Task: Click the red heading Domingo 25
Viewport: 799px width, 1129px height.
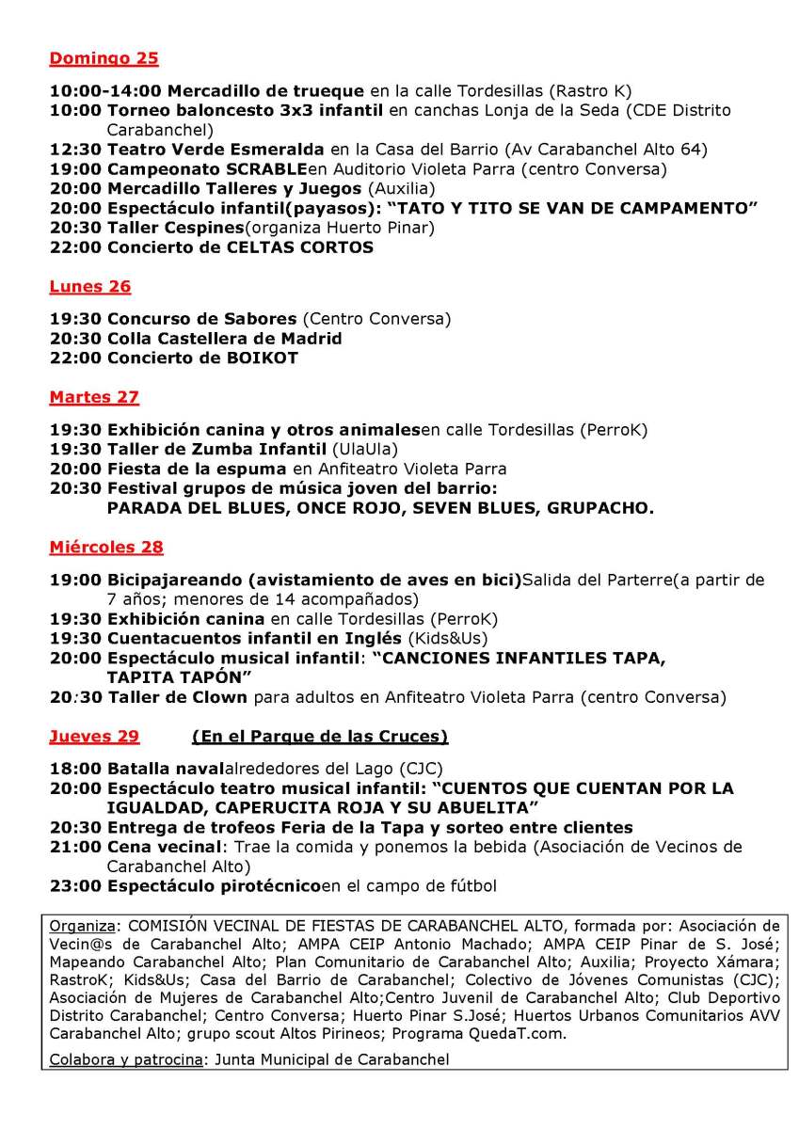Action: pyautogui.click(x=104, y=58)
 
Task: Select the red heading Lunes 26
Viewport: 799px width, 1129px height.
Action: pyautogui.click(x=89, y=286)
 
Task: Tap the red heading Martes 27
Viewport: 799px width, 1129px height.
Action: pyautogui.click(x=94, y=397)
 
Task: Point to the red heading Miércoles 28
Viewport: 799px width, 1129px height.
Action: pyautogui.click(x=106, y=547)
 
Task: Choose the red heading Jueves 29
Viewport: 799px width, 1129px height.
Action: pyautogui.click(x=94, y=736)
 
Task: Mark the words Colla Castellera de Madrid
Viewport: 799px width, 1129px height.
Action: pyautogui.click(x=224, y=339)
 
